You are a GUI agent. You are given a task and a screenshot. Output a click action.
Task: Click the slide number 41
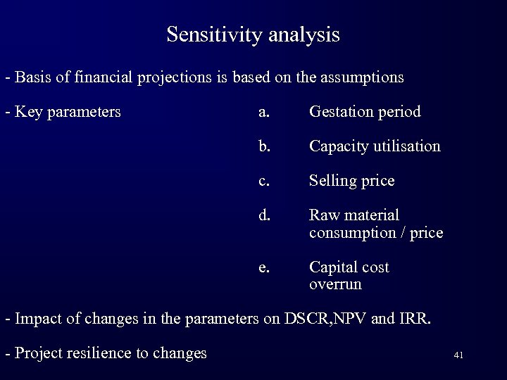point(458,355)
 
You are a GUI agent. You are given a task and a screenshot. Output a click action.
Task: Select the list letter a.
point(263,112)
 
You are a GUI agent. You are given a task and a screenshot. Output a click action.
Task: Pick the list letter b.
point(263,146)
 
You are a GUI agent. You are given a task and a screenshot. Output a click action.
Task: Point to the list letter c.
point(263,181)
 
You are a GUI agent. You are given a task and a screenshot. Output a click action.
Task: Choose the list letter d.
point(263,215)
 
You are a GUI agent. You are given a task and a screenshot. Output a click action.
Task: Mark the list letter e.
point(263,267)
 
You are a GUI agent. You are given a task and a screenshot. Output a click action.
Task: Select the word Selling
point(333,181)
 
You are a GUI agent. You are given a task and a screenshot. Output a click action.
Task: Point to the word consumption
point(348,233)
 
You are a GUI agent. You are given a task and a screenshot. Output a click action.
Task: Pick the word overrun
point(335,285)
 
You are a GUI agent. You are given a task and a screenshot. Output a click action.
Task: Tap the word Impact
point(37,319)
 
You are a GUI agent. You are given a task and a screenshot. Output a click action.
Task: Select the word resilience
point(101,353)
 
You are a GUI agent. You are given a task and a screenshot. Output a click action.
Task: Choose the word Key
point(27,112)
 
